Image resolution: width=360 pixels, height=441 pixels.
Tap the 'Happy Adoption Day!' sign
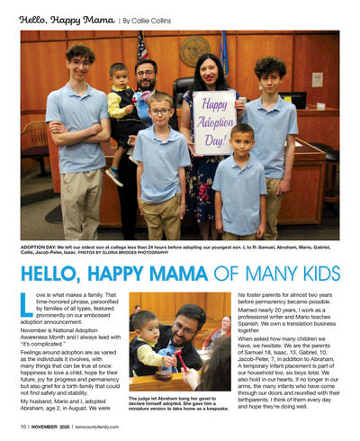[x=213, y=121]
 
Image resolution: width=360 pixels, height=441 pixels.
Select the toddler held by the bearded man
[x=120, y=99]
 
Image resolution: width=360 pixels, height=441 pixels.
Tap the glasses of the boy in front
[x=161, y=112]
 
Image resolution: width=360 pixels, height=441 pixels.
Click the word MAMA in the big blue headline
[x=157, y=273]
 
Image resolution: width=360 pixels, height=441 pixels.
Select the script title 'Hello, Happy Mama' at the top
[x=67, y=19]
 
